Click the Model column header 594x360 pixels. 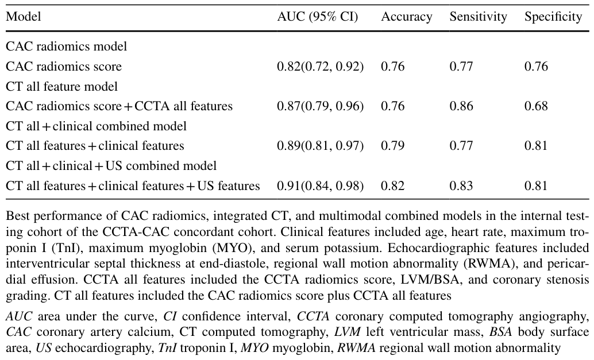click(24, 17)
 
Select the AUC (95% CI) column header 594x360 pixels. click(318, 17)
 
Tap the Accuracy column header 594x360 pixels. click(407, 17)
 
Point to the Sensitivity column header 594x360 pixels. click(478, 17)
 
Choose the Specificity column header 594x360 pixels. click(553, 17)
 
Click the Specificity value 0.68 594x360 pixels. click(536, 106)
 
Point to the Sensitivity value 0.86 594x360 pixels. click(461, 106)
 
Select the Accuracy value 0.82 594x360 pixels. click(392, 186)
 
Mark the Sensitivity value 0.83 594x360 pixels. click(461, 186)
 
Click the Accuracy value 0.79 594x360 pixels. click(392, 146)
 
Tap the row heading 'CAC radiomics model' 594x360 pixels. click(66, 47)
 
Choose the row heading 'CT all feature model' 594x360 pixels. click(61, 86)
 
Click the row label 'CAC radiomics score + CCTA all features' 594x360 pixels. click(119, 106)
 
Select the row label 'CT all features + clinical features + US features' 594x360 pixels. click(133, 186)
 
